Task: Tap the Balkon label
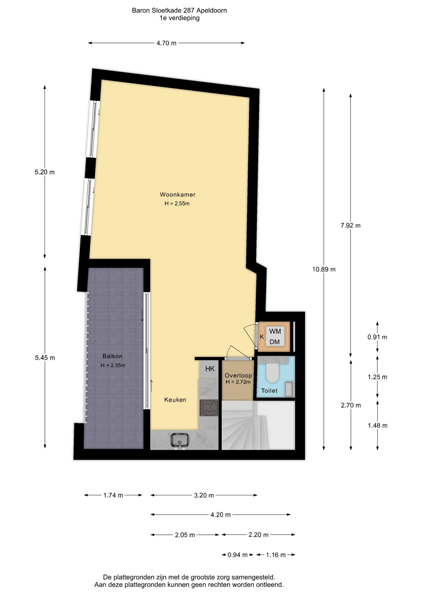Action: click(112, 356)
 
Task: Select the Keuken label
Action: click(175, 400)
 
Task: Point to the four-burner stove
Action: click(209, 407)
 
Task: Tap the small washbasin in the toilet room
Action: click(290, 389)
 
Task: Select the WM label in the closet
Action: click(275, 331)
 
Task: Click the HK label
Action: click(210, 369)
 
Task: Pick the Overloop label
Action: click(238, 375)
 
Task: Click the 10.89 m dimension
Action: click(324, 269)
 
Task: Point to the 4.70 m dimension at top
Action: click(166, 43)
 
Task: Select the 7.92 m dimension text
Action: click(350, 226)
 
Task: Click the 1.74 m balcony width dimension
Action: click(113, 495)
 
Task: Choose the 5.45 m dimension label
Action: click(45, 358)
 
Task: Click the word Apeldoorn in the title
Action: click(212, 11)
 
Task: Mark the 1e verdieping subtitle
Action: click(180, 18)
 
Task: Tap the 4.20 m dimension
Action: click(221, 515)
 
